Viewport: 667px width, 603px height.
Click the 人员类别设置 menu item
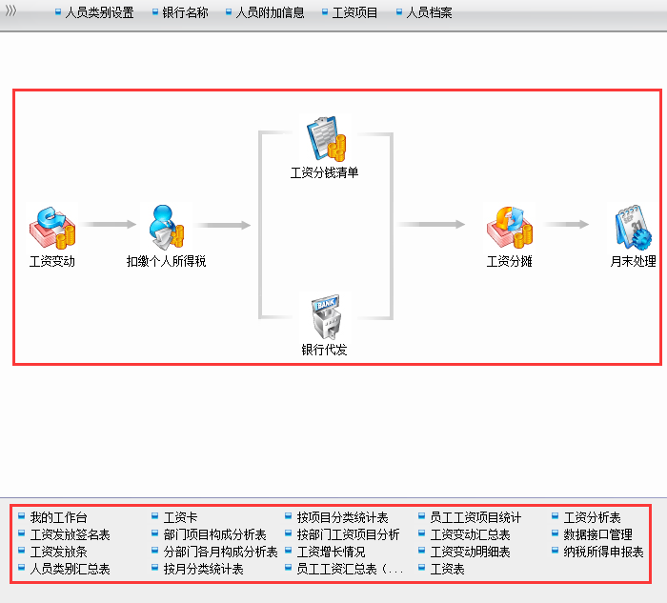click(99, 13)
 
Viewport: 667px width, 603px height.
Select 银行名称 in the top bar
click(185, 13)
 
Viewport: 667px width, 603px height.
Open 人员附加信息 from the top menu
click(270, 13)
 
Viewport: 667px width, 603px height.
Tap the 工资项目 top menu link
click(354, 13)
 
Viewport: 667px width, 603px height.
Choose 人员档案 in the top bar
click(429, 13)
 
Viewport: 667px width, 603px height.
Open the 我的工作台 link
click(58, 517)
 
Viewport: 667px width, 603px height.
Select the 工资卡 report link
click(180, 517)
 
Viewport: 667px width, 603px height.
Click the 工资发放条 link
click(58, 552)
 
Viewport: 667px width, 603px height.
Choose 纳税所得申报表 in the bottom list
click(603, 552)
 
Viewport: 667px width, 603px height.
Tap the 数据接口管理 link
click(597, 534)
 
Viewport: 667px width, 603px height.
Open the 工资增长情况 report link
click(331, 552)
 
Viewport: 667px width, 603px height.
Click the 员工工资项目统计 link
click(475, 517)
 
